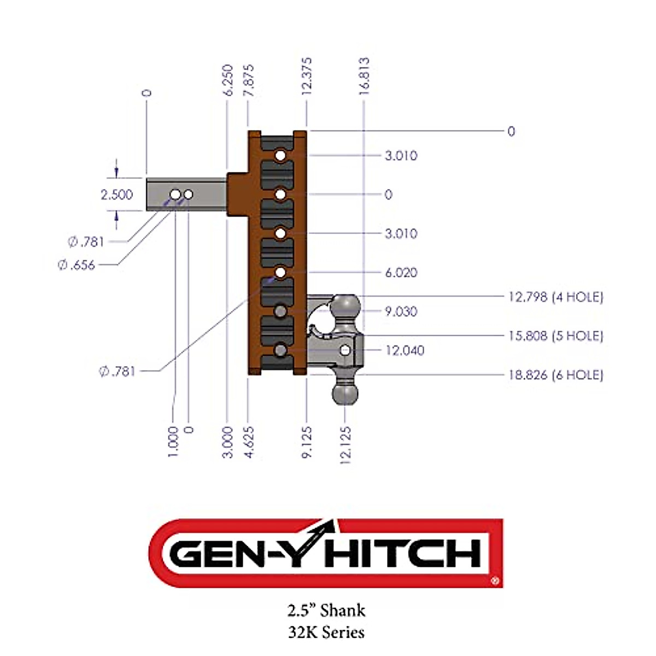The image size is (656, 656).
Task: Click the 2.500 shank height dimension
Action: coord(116,195)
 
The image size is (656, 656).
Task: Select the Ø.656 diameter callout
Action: coord(77,265)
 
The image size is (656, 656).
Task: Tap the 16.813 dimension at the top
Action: coord(364,77)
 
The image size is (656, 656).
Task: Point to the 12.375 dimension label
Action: coord(307,77)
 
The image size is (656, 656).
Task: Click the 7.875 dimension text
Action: coord(249,80)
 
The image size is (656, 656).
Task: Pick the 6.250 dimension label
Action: coord(229,80)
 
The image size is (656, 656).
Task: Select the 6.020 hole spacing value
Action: coord(401,273)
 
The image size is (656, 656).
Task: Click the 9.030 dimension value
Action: coord(401,312)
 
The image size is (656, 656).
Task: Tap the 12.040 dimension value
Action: coord(405,350)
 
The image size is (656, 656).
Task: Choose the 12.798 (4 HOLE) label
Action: coord(555,297)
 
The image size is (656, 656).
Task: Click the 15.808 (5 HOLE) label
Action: coord(555,336)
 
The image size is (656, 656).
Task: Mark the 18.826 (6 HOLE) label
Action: coord(555,375)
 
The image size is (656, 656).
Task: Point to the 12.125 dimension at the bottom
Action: coord(345,446)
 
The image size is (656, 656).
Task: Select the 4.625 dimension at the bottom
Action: coord(249,442)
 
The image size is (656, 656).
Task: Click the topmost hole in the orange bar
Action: coord(280,156)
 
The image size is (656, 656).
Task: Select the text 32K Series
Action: coord(326,632)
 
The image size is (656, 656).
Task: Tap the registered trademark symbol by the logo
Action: coord(495,582)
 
